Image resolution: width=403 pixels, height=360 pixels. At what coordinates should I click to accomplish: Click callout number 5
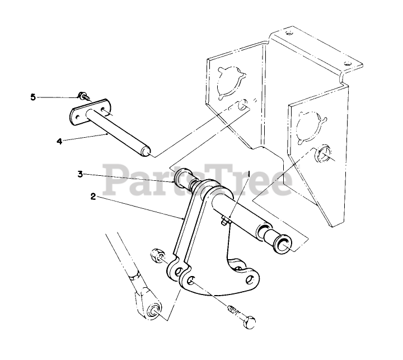click(x=33, y=97)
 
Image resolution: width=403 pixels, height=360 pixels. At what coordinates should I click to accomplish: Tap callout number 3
click(x=81, y=174)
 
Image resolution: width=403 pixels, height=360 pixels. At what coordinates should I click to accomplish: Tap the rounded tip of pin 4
click(x=148, y=151)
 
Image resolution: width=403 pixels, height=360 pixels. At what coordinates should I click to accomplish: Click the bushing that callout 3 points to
click(x=183, y=179)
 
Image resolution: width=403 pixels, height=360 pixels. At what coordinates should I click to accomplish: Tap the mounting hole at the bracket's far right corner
click(x=347, y=63)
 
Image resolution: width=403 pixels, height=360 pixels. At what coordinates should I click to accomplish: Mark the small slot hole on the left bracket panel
click(x=241, y=104)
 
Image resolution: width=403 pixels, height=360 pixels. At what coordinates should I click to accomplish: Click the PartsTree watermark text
click(x=199, y=179)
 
